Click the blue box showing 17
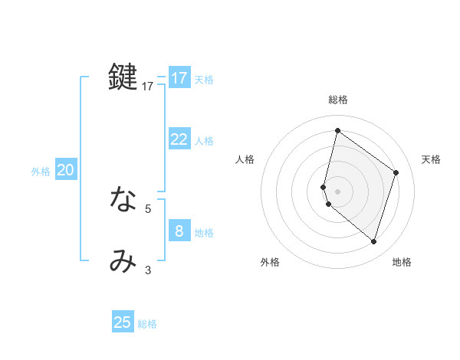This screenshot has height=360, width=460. [179, 78]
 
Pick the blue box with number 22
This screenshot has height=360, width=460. [179, 139]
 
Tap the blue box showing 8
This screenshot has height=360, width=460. [179, 231]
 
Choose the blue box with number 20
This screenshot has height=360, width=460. [65, 170]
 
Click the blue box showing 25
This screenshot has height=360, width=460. [123, 322]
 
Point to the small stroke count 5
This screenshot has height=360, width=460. [148, 208]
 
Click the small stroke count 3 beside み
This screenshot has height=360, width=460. [148, 270]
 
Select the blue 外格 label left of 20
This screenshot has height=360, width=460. [41, 172]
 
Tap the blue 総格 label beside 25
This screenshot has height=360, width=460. [147, 324]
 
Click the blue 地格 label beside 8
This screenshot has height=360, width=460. [204, 233]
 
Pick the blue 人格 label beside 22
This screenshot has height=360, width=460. [204, 141]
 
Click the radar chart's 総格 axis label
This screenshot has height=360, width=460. [338, 100]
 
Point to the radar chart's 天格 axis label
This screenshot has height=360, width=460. [432, 159]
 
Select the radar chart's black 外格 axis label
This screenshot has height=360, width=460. [270, 262]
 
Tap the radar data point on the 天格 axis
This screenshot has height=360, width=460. [396, 172]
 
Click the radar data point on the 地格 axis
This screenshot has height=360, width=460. [374, 241]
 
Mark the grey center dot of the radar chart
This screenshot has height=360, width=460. [338, 191]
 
